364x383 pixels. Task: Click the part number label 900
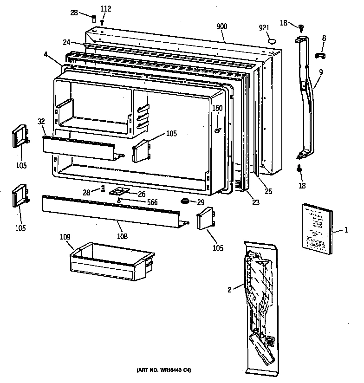tap(222, 26)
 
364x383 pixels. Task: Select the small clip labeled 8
tap(320, 56)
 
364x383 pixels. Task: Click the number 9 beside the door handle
tap(320, 72)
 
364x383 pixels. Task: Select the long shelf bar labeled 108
tap(111, 212)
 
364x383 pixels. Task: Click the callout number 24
tap(66, 42)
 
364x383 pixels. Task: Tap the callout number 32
tap(41, 122)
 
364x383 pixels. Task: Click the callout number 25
tap(268, 191)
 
